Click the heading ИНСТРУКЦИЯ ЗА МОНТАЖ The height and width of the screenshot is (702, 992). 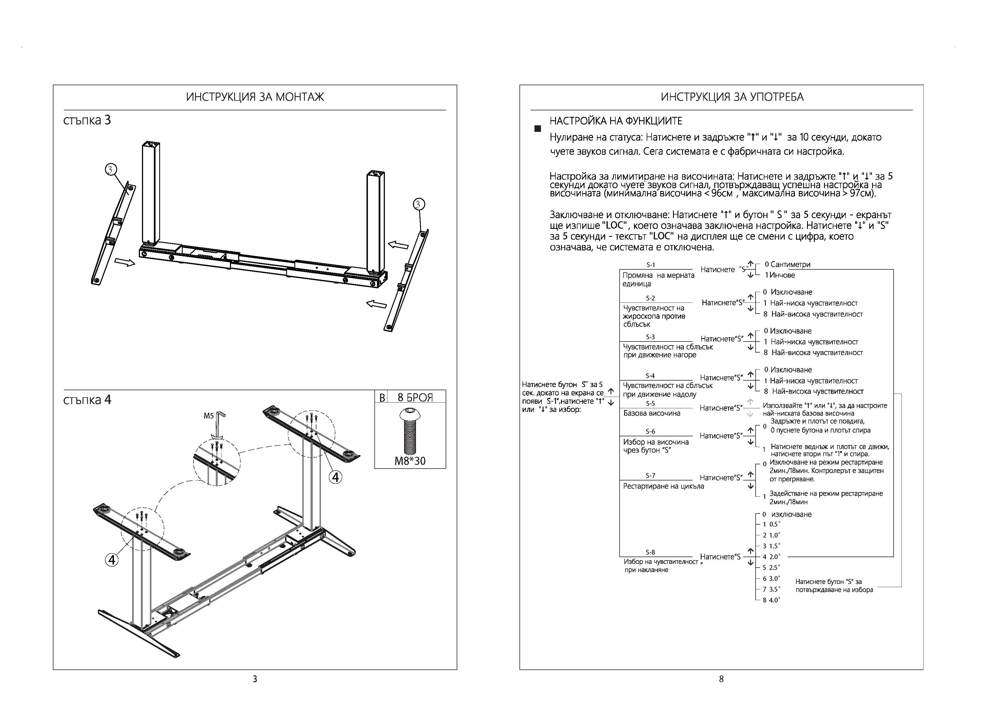point(255,97)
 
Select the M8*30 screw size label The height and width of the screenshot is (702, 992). point(409,461)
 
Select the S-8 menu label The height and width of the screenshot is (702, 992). point(650,552)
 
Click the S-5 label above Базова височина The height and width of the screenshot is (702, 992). point(650,403)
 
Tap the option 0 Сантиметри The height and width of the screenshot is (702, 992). point(787,264)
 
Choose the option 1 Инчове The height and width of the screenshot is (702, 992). point(780,275)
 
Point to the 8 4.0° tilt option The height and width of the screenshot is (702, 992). point(771,600)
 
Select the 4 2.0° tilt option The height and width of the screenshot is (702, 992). point(771,557)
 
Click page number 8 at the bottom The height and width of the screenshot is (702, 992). point(721,679)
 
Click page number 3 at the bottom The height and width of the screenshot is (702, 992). point(255,679)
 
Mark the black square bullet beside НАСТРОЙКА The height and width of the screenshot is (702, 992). point(538,129)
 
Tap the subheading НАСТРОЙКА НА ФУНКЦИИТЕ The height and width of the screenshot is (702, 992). point(616,121)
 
